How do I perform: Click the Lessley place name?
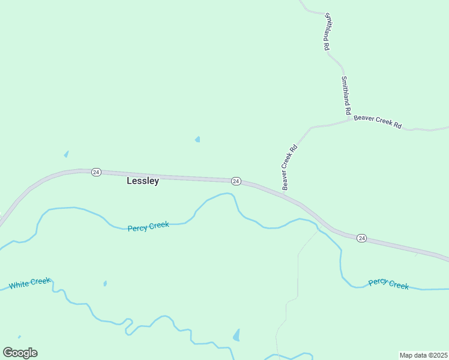143,181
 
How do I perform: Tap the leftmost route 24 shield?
96,172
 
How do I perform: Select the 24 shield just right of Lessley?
236,181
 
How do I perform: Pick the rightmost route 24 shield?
361,238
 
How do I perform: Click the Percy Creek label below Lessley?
148,226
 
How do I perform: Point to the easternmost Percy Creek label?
388,283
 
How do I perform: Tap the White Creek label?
29,283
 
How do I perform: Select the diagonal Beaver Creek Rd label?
289,167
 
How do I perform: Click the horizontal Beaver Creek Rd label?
378,121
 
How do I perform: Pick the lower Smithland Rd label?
345,95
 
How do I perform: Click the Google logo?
20,352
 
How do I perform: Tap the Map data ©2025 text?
423,355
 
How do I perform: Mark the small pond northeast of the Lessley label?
197,140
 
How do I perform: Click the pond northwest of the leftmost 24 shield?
66,154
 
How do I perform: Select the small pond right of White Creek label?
105,283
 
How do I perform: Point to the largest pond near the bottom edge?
237,335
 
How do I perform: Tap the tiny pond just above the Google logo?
19,337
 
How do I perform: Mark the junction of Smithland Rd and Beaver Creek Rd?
350,119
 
